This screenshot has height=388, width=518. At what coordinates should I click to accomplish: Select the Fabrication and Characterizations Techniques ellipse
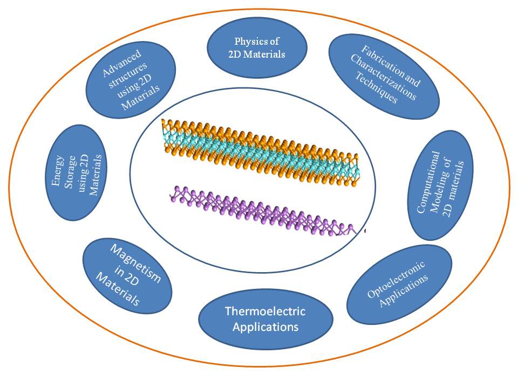[385, 77]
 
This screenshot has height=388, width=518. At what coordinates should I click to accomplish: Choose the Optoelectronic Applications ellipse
[399, 283]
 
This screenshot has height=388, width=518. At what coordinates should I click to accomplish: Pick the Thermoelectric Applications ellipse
[265, 319]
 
